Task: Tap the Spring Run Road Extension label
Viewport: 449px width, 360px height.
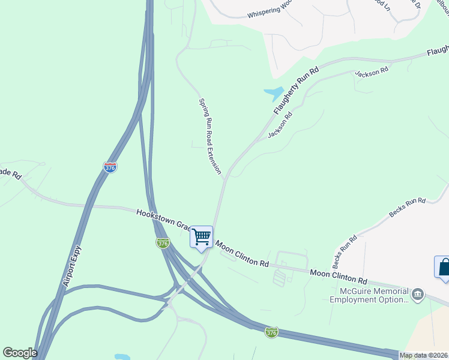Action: pos(210,136)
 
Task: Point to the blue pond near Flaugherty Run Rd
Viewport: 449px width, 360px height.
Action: pos(274,93)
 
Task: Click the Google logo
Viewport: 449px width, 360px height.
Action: pos(19,353)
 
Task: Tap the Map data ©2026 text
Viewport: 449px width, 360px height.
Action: pos(424,355)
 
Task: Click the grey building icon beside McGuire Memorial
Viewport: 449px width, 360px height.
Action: pos(418,295)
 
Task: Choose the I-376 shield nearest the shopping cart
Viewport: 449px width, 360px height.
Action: pos(162,243)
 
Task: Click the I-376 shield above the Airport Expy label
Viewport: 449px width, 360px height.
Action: pos(110,167)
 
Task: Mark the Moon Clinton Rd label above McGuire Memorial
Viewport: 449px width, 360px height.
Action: pos(338,277)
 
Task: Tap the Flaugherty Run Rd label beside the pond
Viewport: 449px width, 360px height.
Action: pos(295,91)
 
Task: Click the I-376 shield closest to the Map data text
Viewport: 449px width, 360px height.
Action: pos(272,332)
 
